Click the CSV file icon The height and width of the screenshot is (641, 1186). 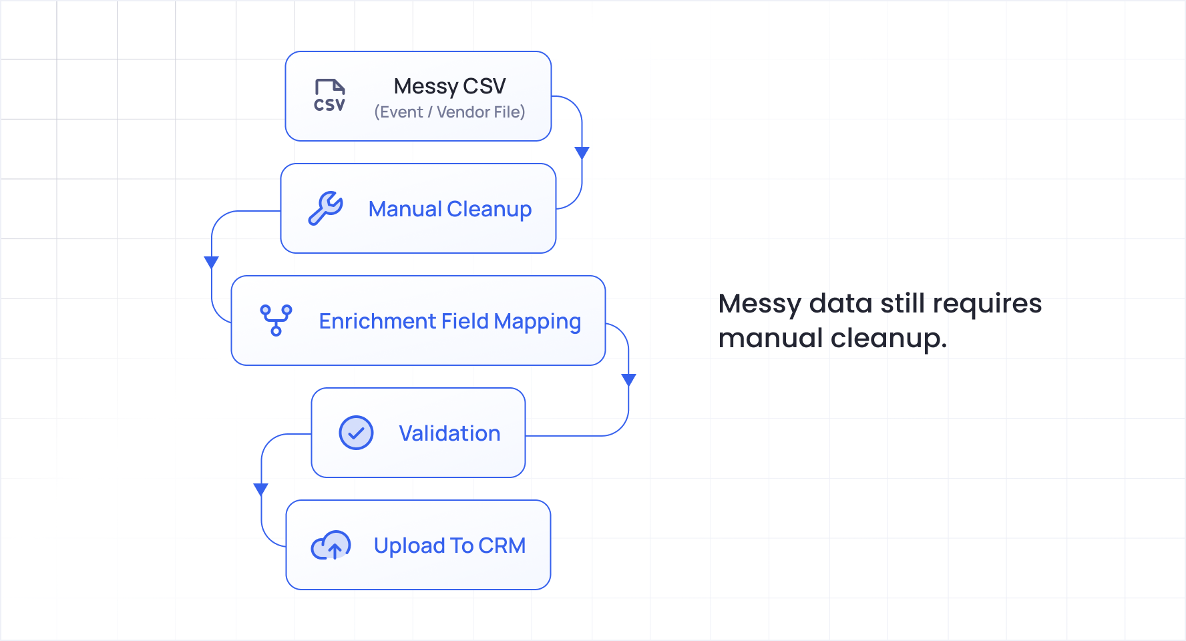330,95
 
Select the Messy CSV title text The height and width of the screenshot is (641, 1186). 449,86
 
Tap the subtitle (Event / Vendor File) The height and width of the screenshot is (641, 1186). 449,112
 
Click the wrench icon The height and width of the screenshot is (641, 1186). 326,208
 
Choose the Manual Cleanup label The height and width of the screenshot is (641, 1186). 449,209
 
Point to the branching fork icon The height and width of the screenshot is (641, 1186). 276,320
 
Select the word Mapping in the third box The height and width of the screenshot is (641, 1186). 537,322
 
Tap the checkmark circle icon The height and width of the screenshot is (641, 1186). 356,433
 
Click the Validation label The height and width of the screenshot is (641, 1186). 449,433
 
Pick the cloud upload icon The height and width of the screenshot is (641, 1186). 331,546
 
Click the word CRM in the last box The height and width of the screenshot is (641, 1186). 502,546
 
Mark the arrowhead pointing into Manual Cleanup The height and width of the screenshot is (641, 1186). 582,153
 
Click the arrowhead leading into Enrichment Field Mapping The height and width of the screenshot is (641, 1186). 212,262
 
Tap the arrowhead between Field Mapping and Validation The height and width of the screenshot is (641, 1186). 628,380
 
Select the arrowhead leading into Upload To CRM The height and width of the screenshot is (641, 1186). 261,489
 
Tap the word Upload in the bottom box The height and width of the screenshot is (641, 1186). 409,546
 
